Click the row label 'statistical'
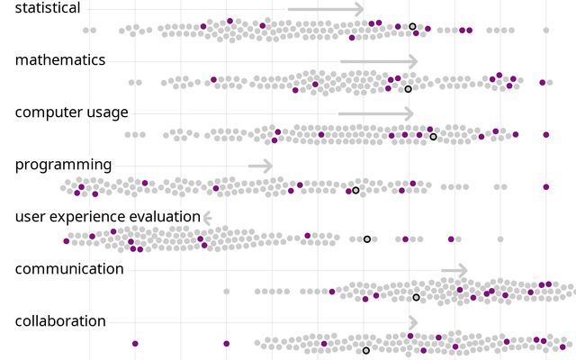[48, 8]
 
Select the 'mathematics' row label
[60, 60]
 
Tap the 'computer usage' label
[72, 112]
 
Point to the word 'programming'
[63, 165]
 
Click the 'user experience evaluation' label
[107, 217]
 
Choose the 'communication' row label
[69, 269]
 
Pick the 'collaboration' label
[60, 321]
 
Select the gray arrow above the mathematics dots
[379, 61]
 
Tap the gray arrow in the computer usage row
[376, 113]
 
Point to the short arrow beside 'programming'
[260, 166]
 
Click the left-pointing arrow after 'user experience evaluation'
[207, 218]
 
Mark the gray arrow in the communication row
[454, 270]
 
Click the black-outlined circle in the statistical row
[412, 27]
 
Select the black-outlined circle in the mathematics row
[408, 89]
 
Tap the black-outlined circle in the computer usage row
[433, 137]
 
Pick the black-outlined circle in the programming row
[355, 191]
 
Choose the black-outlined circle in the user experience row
[367, 239]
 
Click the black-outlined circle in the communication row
[416, 297]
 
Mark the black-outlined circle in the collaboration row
[365, 350]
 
